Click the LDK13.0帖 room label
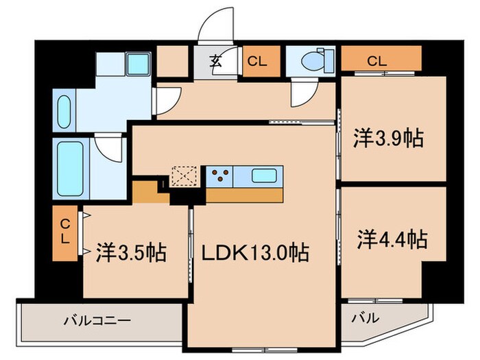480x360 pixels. point(254,253)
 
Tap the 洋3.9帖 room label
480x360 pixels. point(387,139)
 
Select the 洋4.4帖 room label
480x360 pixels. point(392,240)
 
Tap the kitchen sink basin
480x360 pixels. point(264,175)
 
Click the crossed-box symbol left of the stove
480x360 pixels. point(184,176)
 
